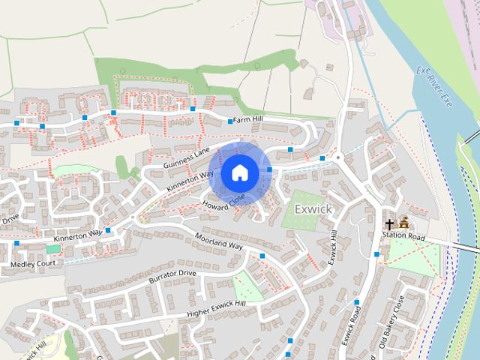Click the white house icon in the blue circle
point(239,172)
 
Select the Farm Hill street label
point(248,119)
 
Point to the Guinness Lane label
point(187,157)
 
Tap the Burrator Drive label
point(172,277)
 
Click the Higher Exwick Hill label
point(216,307)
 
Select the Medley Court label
point(32,264)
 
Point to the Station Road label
point(403,236)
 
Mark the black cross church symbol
point(389,223)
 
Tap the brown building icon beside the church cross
point(404,223)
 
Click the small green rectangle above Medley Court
point(53,248)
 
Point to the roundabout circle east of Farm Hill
point(337,157)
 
